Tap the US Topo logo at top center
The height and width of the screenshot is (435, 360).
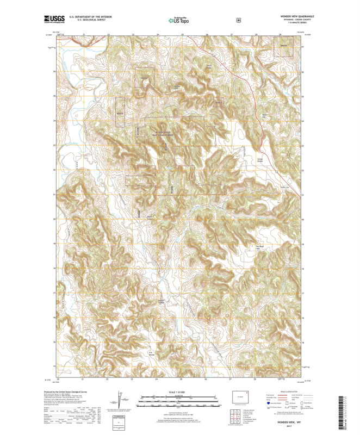click(180, 20)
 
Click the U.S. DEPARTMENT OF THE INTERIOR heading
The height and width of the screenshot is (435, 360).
click(87, 17)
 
